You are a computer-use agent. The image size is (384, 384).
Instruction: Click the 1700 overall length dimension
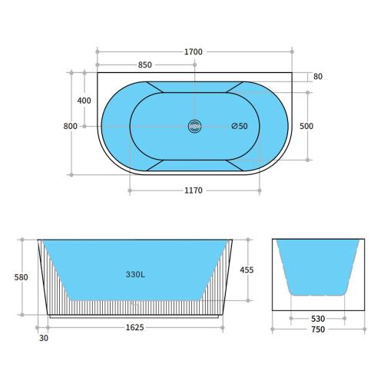(194, 52)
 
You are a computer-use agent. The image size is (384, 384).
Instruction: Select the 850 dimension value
(145, 65)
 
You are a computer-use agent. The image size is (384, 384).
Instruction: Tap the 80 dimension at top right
(318, 77)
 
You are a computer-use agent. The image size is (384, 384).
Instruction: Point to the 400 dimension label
(84, 101)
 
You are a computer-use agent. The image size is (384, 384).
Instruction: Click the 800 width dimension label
(70, 126)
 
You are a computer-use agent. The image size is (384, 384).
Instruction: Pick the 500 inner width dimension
(306, 126)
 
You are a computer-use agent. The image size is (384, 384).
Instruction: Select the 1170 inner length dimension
(194, 190)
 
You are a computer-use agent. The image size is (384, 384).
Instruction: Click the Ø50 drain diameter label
(240, 126)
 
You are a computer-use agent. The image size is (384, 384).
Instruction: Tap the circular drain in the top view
(194, 126)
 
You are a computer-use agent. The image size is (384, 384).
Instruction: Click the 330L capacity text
(135, 274)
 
